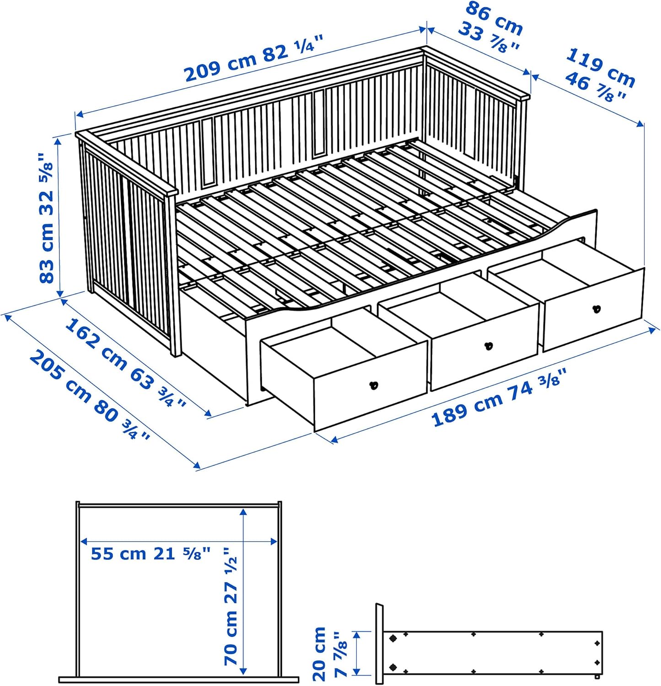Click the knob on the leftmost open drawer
click(374, 385)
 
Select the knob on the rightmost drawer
click(596, 309)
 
